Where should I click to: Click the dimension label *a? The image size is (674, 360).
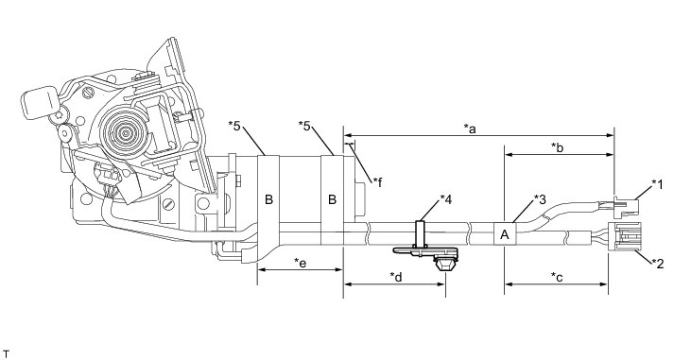coord(470,129)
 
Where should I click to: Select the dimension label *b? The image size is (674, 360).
coord(558,147)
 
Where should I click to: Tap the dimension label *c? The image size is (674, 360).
coord(557,277)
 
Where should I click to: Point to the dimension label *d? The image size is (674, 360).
coord(396,277)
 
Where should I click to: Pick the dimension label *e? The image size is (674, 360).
coord(301,263)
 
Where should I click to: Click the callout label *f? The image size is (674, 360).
coord(378,183)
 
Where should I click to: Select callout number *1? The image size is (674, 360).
coord(657,185)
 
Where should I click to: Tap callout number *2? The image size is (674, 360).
coord(658,263)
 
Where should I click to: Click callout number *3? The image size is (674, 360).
coord(540,199)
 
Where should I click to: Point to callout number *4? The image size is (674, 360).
coord(446,199)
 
